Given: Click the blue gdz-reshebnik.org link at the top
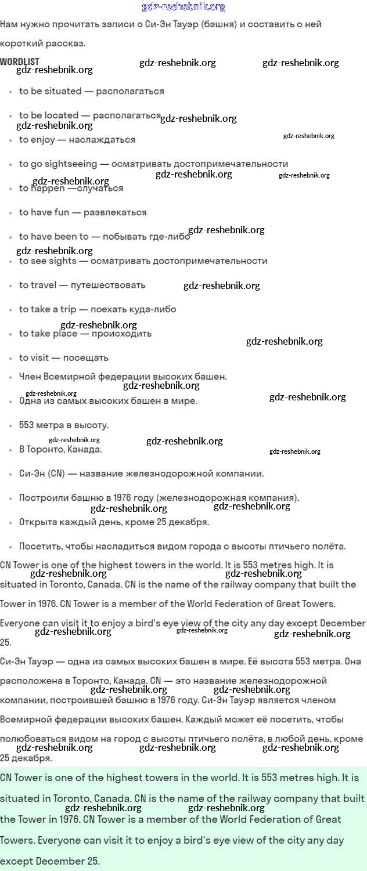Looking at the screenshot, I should (183, 7).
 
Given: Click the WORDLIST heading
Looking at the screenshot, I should (20, 62).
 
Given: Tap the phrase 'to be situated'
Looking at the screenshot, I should (50, 91).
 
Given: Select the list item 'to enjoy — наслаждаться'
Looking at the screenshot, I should (77, 140).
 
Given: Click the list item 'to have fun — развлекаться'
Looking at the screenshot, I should (82, 212).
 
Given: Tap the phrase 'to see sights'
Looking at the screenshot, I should (48, 261).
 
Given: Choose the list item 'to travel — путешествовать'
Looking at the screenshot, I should (82, 285).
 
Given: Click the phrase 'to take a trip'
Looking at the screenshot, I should (48, 309).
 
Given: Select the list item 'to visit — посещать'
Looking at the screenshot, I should (63, 357).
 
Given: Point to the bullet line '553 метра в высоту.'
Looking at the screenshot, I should (63, 425).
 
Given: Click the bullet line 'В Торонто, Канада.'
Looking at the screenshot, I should (60, 449).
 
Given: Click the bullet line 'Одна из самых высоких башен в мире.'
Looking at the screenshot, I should (108, 401).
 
